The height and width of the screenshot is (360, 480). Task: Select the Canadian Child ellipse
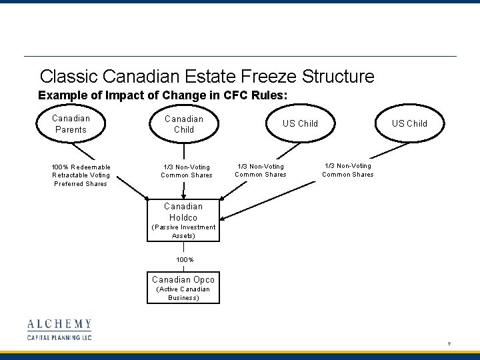tap(183, 124)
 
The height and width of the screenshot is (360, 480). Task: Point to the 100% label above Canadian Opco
tap(183, 259)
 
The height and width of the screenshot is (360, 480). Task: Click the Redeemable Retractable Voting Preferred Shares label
tap(81, 175)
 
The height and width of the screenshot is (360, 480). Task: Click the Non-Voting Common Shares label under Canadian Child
tap(187, 171)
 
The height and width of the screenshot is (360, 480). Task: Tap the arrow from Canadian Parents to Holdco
tap(127, 180)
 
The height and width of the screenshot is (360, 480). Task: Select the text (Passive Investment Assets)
tap(183, 231)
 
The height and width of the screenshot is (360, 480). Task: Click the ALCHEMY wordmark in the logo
tap(59, 325)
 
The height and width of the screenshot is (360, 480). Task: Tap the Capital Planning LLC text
tap(59, 337)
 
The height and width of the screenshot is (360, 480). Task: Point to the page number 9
tap(449, 344)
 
